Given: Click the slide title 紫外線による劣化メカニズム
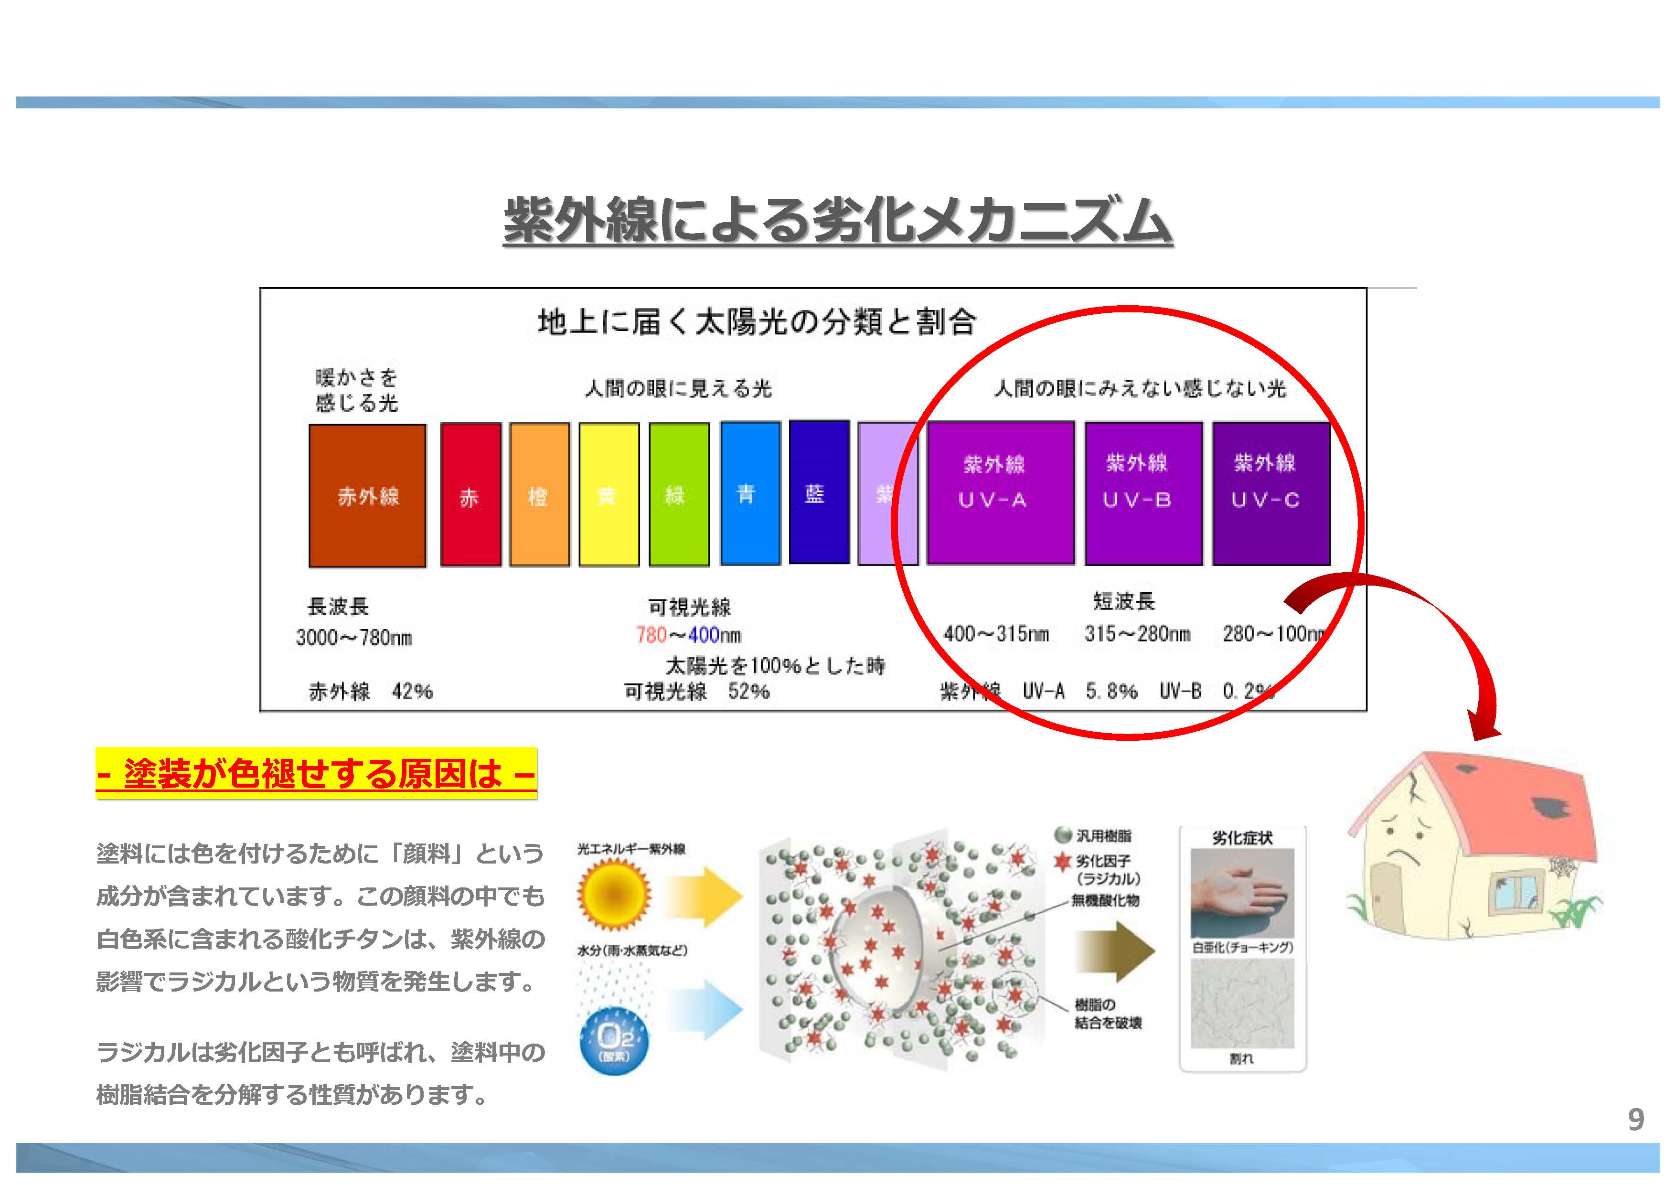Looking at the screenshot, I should (x=837, y=220).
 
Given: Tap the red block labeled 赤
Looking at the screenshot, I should (x=470, y=494).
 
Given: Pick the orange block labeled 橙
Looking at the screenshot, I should (x=539, y=494).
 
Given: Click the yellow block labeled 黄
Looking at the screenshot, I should (x=608, y=494).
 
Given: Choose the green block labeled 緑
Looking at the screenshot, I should (x=678, y=494).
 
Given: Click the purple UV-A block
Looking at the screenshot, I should (x=1000, y=493).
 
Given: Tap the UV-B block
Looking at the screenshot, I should (x=1143, y=493).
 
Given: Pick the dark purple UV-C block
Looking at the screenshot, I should (x=1270, y=493).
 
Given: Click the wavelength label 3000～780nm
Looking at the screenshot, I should (x=354, y=638).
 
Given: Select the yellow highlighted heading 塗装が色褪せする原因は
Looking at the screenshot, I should (x=316, y=773).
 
